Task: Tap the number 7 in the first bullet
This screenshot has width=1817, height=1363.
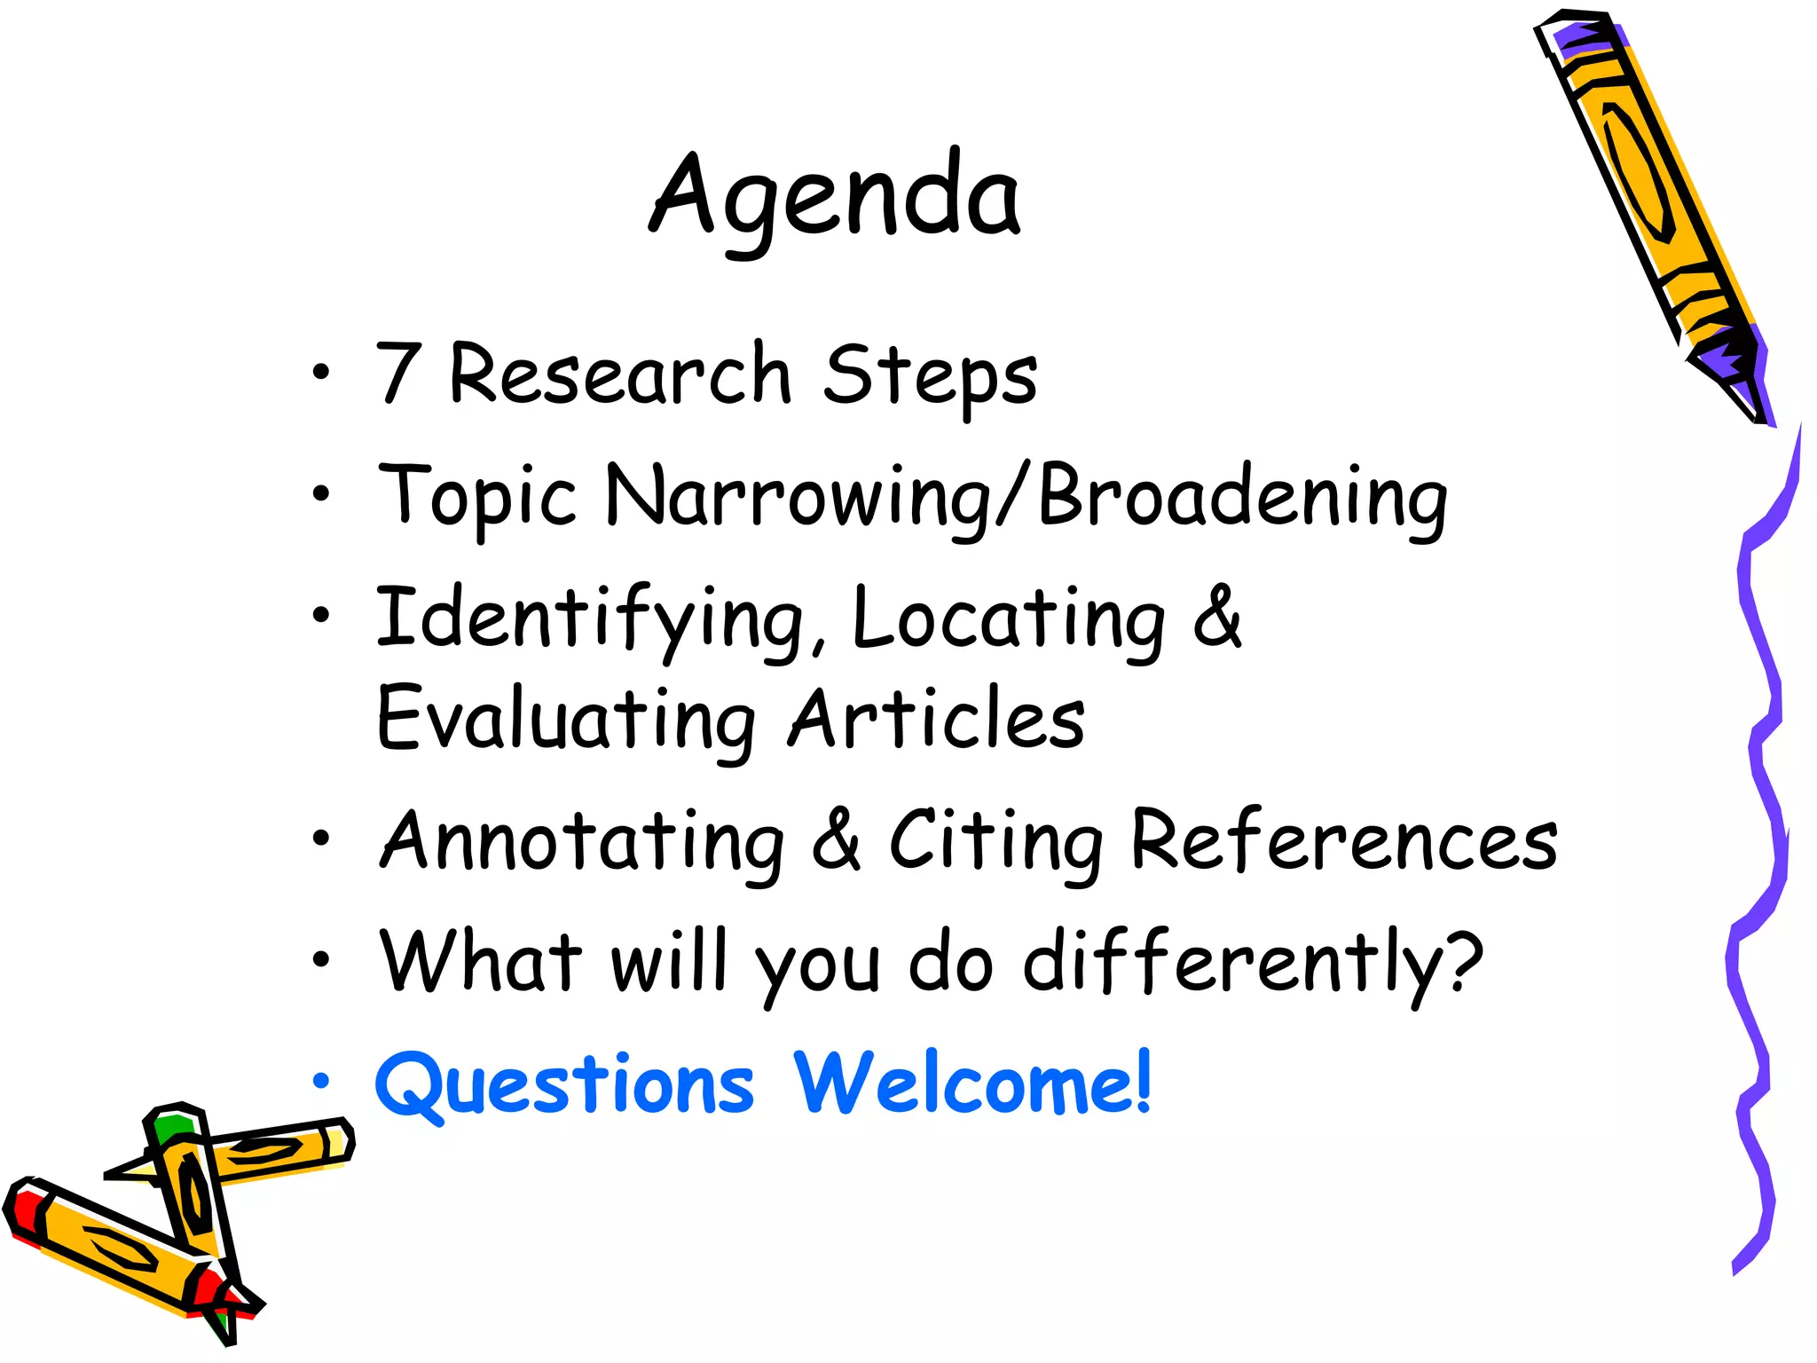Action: click(x=397, y=373)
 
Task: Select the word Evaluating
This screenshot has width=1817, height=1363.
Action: click(x=566, y=719)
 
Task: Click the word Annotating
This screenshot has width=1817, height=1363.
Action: click(x=583, y=841)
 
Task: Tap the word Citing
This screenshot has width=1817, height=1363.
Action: click(x=995, y=841)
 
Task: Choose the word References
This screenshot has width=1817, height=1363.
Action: click(x=1344, y=841)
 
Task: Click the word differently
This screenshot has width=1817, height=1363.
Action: click(x=1253, y=963)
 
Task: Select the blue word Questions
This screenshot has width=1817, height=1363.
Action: click(x=564, y=1084)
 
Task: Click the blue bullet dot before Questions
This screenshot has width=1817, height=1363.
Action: click(x=321, y=1082)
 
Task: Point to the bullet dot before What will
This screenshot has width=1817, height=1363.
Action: click(x=321, y=959)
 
